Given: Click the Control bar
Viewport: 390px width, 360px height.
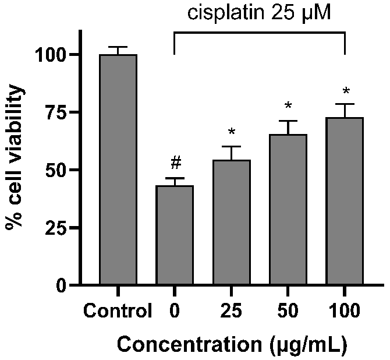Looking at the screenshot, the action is coord(118,170).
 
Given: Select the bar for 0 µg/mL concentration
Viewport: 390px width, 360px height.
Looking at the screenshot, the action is coord(175,235).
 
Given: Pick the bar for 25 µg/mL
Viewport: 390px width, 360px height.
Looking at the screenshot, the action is coord(232,222).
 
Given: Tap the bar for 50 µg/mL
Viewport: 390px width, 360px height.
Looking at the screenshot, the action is coord(288,209).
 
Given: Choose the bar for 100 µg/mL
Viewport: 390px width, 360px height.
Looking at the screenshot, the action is coord(345,200).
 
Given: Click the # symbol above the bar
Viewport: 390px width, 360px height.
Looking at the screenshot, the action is coord(176,163).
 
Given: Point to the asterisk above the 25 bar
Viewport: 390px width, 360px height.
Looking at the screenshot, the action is coord(232,131).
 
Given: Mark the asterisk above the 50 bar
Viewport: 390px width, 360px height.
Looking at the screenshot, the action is coord(288,105).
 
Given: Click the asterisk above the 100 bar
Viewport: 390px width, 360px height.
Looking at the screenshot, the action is coord(346,91).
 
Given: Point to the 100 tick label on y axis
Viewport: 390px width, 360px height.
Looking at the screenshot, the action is coord(52,55).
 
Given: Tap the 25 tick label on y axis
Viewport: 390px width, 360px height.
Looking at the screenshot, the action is coord(57,227).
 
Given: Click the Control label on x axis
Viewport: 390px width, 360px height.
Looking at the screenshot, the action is coord(118,310).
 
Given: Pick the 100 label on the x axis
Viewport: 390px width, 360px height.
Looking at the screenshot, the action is coord(345,310).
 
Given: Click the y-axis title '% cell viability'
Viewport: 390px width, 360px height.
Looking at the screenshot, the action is coord(15,156).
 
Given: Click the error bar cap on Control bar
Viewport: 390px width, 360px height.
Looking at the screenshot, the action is coord(118,47).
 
